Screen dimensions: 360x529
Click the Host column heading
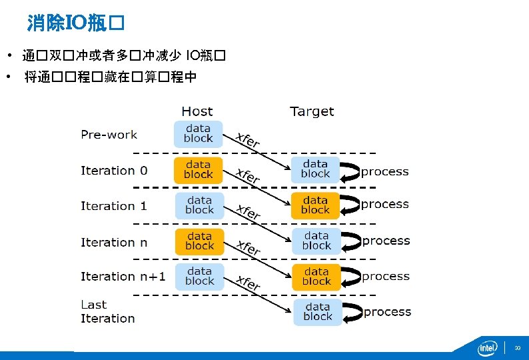[197, 111]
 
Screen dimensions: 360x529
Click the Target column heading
[312, 111]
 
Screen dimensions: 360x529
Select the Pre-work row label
[109, 135]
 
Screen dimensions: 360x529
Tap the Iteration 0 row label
[114, 171]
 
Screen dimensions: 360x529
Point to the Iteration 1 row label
[114, 206]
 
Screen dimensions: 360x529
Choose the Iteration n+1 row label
[123, 276]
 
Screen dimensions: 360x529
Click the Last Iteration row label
[107, 311]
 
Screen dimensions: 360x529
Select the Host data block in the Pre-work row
[198, 133]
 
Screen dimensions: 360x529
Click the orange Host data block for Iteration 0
[198, 169]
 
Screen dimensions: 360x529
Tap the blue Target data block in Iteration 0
[315, 169]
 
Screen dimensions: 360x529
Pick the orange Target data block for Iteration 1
[315, 205]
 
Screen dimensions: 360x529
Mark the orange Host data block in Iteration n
[199, 241]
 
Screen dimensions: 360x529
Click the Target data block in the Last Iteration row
[317, 311]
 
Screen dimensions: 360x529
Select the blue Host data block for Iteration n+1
[199, 276]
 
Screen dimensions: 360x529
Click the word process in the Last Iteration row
[387, 312]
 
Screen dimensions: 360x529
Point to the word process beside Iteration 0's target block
[384, 172]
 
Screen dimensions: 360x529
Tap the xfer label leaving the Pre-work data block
[247, 140]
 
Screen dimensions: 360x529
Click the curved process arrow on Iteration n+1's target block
[350, 275]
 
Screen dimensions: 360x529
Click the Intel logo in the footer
[488, 347]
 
